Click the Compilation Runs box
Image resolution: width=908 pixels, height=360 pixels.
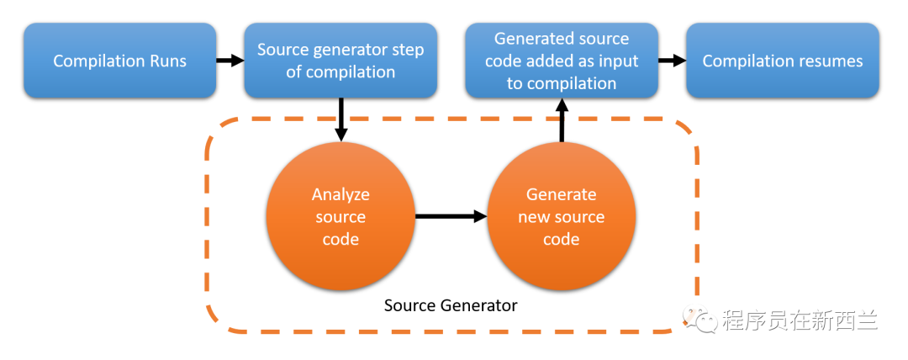120,61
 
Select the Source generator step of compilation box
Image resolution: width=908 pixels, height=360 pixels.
340,61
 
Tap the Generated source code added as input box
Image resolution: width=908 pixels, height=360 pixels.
562,61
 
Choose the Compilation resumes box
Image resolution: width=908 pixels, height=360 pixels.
783,61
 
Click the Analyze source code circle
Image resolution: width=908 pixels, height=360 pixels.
340,217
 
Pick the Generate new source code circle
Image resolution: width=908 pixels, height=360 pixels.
562,217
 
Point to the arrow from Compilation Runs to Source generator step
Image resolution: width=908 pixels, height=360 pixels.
230,60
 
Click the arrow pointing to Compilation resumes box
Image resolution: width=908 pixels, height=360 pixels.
673,60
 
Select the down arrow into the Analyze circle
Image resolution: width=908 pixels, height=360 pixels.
341,119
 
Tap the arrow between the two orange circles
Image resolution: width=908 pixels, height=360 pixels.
451,217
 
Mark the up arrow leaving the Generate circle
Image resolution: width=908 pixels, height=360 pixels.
561,119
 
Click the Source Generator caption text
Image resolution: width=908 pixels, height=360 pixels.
451,305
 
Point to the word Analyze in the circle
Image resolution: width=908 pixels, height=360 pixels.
340,194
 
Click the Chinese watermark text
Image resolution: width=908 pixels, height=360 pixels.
800,320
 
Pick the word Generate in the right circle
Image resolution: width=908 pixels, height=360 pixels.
561,194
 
